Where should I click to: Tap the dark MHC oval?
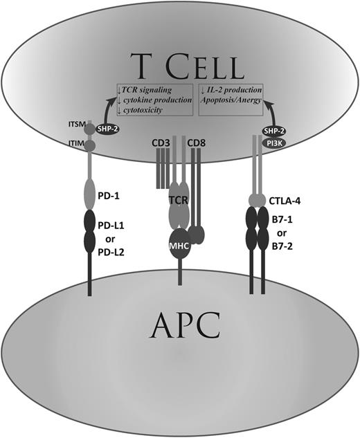pos(179,245)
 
